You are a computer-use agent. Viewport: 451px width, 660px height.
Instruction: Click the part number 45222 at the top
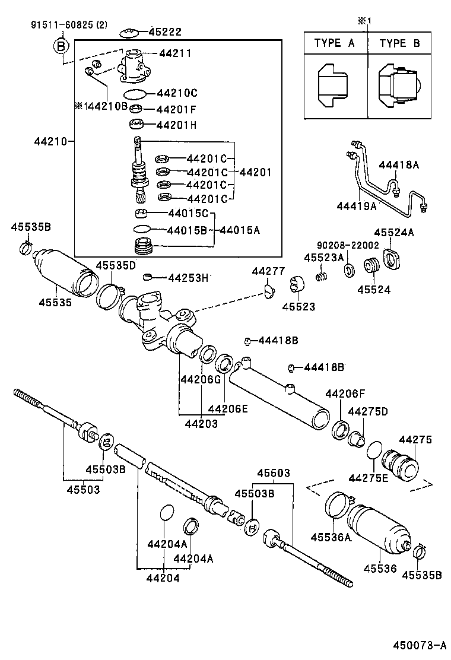[x=165, y=32]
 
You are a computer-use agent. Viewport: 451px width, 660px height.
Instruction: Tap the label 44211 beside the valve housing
[x=175, y=53]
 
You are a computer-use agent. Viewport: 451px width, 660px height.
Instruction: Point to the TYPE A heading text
[x=336, y=43]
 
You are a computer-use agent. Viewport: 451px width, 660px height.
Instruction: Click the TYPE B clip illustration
[x=399, y=87]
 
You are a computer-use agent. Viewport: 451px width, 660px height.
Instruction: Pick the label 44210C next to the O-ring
[x=177, y=93]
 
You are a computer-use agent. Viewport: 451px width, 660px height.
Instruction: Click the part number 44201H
[x=176, y=125]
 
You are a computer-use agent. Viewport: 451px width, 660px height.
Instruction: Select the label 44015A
[x=242, y=230]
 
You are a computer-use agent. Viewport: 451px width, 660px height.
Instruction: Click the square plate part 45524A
[x=393, y=259]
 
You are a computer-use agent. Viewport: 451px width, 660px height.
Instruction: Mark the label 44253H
[x=189, y=277]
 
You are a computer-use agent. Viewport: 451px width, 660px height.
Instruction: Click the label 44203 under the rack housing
[x=201, y=424]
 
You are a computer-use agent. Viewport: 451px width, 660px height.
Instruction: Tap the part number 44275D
[x=367, y=411]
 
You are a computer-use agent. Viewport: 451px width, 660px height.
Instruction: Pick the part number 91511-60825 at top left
[x=62, y=25]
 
